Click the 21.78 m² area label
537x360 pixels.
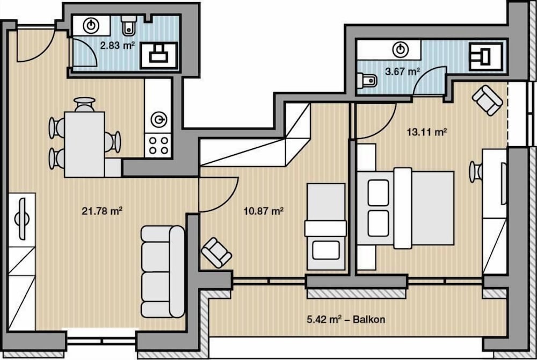(x=102, y=211)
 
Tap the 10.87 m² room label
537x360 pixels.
(x=263, y=211)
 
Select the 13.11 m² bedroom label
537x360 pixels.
(x=427, y=132)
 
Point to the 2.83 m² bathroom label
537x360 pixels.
(x=117, y=45)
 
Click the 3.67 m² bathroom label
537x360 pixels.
(x=403, y=71)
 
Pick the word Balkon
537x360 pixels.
(x=369, y=319)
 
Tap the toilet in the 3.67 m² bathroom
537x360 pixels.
(x=366, y=81)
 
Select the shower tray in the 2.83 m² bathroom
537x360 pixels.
(x=159, y=55)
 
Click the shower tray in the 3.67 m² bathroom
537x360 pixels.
(x=486, y=56)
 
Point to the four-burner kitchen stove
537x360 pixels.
(x=158, y=146)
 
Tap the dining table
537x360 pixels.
(x=84, y=144)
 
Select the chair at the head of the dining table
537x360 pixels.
(x=85, y=104)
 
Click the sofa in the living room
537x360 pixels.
(x=163, y=272)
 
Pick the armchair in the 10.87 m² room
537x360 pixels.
(x=216, y=253)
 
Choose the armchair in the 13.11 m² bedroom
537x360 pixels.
(x=488, y=100)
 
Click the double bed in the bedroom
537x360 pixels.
(x=406, y=208)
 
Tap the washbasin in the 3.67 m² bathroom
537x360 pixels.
(x=401, y=50)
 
